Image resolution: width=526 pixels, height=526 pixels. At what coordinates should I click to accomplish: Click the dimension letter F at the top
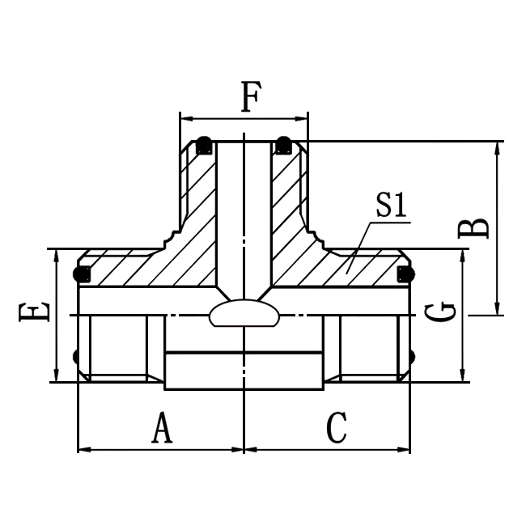pyautogui.click(x=251, y=99)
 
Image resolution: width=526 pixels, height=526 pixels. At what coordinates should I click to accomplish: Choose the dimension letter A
pyautogui.click(x=163, y=427)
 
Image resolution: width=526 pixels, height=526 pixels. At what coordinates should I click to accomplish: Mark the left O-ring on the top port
pyautogui.click(x=205, y=145)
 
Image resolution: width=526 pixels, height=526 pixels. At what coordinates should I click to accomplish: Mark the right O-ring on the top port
pyautogui.click(x=282, y=145)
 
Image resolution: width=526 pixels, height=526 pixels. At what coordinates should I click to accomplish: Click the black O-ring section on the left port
pyautogui.click(x=82, y=274)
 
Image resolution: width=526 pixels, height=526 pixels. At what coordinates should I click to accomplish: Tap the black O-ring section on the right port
pyautogui.click(x=404, y=274)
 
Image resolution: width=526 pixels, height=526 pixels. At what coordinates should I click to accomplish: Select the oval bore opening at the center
pyautogui.click(x=244, y=314)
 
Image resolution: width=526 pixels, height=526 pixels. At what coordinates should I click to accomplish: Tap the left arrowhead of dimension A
pyautogui.click(x=83, y=449)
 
